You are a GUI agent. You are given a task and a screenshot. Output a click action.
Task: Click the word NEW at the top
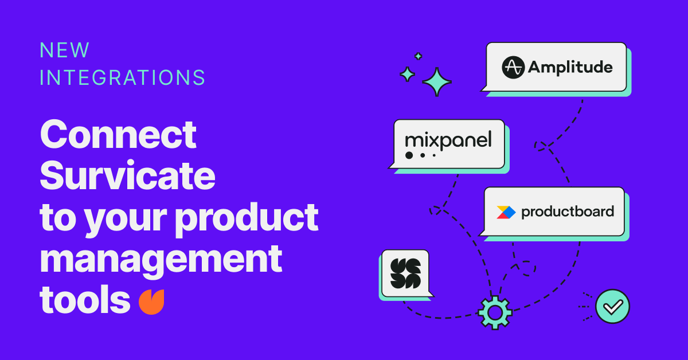pos(64,50)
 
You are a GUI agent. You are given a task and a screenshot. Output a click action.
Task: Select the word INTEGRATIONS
pos(123,77)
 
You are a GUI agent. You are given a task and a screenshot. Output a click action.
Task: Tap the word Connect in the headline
pos(118,134)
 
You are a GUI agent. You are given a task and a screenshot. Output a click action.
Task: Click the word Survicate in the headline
pos(127,175)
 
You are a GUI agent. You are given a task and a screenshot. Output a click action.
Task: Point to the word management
pos(161,260)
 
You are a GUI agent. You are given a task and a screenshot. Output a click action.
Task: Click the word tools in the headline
pos(85,299)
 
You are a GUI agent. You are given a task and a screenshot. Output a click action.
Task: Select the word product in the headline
pos(247,218)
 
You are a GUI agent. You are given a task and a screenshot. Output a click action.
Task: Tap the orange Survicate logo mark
pos(151,302)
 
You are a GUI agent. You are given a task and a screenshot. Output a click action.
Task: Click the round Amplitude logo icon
pos(513,67)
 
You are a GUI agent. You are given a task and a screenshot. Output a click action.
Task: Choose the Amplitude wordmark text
pos(570,68)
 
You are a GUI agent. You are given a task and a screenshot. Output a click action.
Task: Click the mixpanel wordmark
pos(448,140)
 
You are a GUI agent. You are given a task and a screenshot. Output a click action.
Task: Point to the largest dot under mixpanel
pos(409,155)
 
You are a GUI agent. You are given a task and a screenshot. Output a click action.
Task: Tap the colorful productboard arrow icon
pos(506,212)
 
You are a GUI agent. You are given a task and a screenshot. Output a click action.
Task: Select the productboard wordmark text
pos(568,212)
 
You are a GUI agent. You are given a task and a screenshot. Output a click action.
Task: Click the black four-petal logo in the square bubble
pos(405,273)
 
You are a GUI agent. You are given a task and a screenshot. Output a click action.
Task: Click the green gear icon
pos(495,312)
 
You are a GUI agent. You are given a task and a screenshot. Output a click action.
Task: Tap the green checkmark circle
pos(612,306)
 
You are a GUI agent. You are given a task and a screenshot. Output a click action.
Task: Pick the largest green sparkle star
pos(437,82)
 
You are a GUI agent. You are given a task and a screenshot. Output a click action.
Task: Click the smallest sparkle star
pos(418,56)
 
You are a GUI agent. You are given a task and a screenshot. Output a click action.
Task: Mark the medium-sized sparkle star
pos(407,75)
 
